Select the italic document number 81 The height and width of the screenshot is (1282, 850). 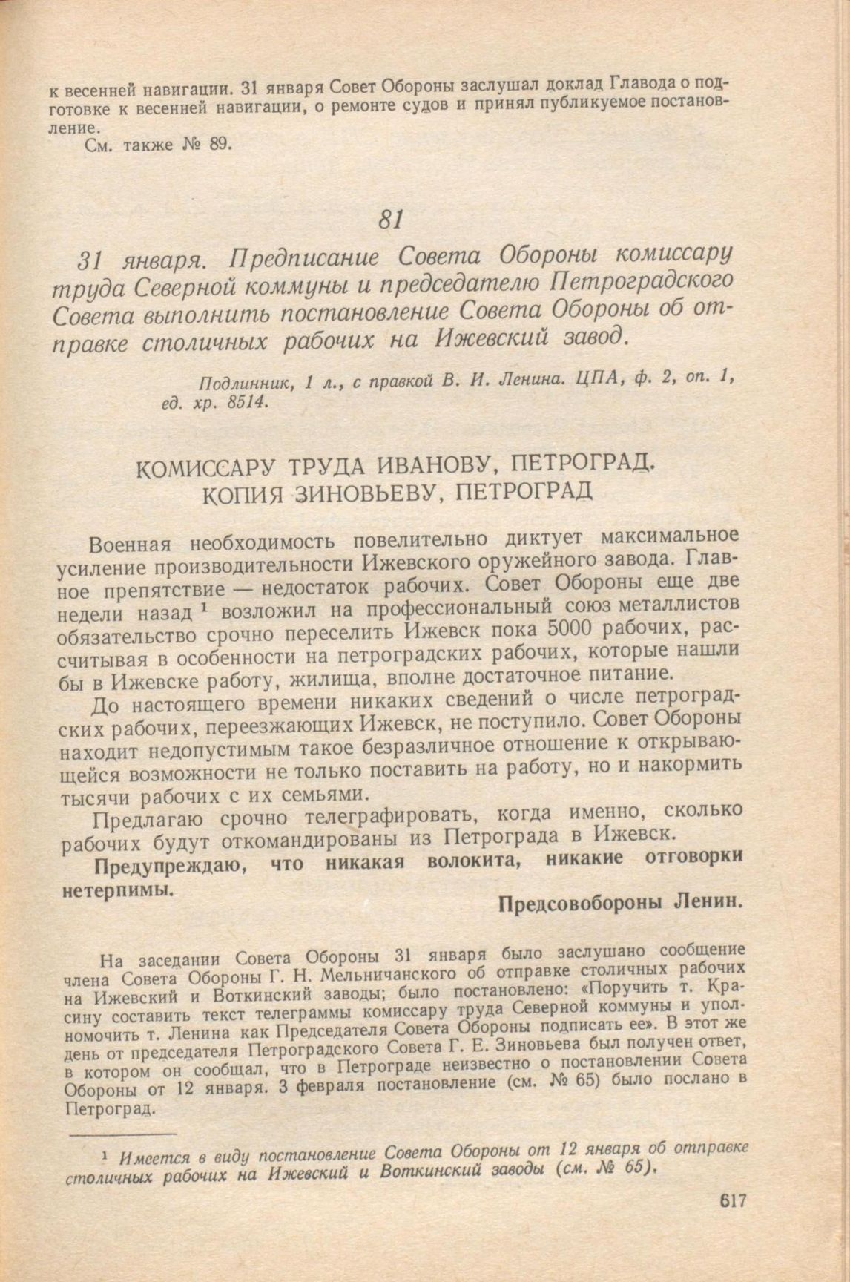click(389, 219)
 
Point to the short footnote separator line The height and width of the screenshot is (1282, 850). click(122, 1134)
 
